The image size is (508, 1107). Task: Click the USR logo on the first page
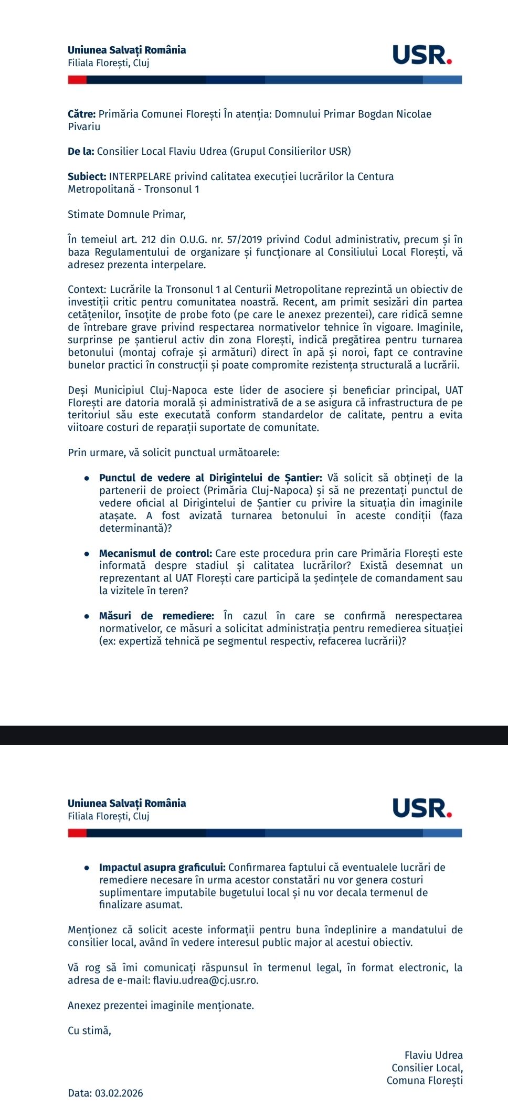click(422, 55)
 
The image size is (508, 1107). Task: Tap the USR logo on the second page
click(422, 808)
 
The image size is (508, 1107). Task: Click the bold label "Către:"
click(81, 114)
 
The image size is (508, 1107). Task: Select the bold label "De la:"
click(81, 152)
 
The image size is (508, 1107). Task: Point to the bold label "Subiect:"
click(87, 177)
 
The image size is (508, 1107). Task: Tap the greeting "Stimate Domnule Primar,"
click(126, 214)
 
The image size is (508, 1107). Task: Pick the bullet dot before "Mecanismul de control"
click(87, 554)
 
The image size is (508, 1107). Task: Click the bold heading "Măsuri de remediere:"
click(156, 616)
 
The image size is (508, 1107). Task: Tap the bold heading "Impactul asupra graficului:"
click(162, 868)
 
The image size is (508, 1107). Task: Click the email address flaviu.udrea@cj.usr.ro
click(205, 981)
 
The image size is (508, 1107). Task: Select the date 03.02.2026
click(119, 1093)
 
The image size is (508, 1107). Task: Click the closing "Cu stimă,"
click(89, 1031)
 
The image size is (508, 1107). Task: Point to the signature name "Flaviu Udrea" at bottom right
click(433, 1056)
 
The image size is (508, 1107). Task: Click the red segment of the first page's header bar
click(77, 80)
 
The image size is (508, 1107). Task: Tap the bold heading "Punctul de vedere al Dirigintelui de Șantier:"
click(210, 478)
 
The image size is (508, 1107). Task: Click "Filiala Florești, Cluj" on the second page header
click(109, 816)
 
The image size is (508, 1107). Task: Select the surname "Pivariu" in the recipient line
click(84, 126)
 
